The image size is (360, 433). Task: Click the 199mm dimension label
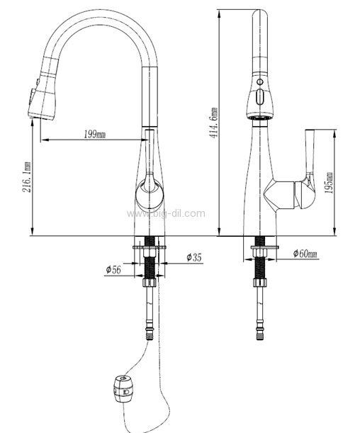[94, 135]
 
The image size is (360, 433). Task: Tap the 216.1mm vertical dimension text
[27, 177]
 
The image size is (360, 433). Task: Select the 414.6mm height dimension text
[213, 123]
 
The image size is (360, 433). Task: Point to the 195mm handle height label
[329, 183]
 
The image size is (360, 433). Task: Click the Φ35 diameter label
[194, 258]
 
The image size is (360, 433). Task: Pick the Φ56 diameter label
[113, 269]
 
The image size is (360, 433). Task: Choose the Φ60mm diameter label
[305, 253]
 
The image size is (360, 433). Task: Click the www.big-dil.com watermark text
[166, 213]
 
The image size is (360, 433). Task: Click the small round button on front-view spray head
[259, 81]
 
